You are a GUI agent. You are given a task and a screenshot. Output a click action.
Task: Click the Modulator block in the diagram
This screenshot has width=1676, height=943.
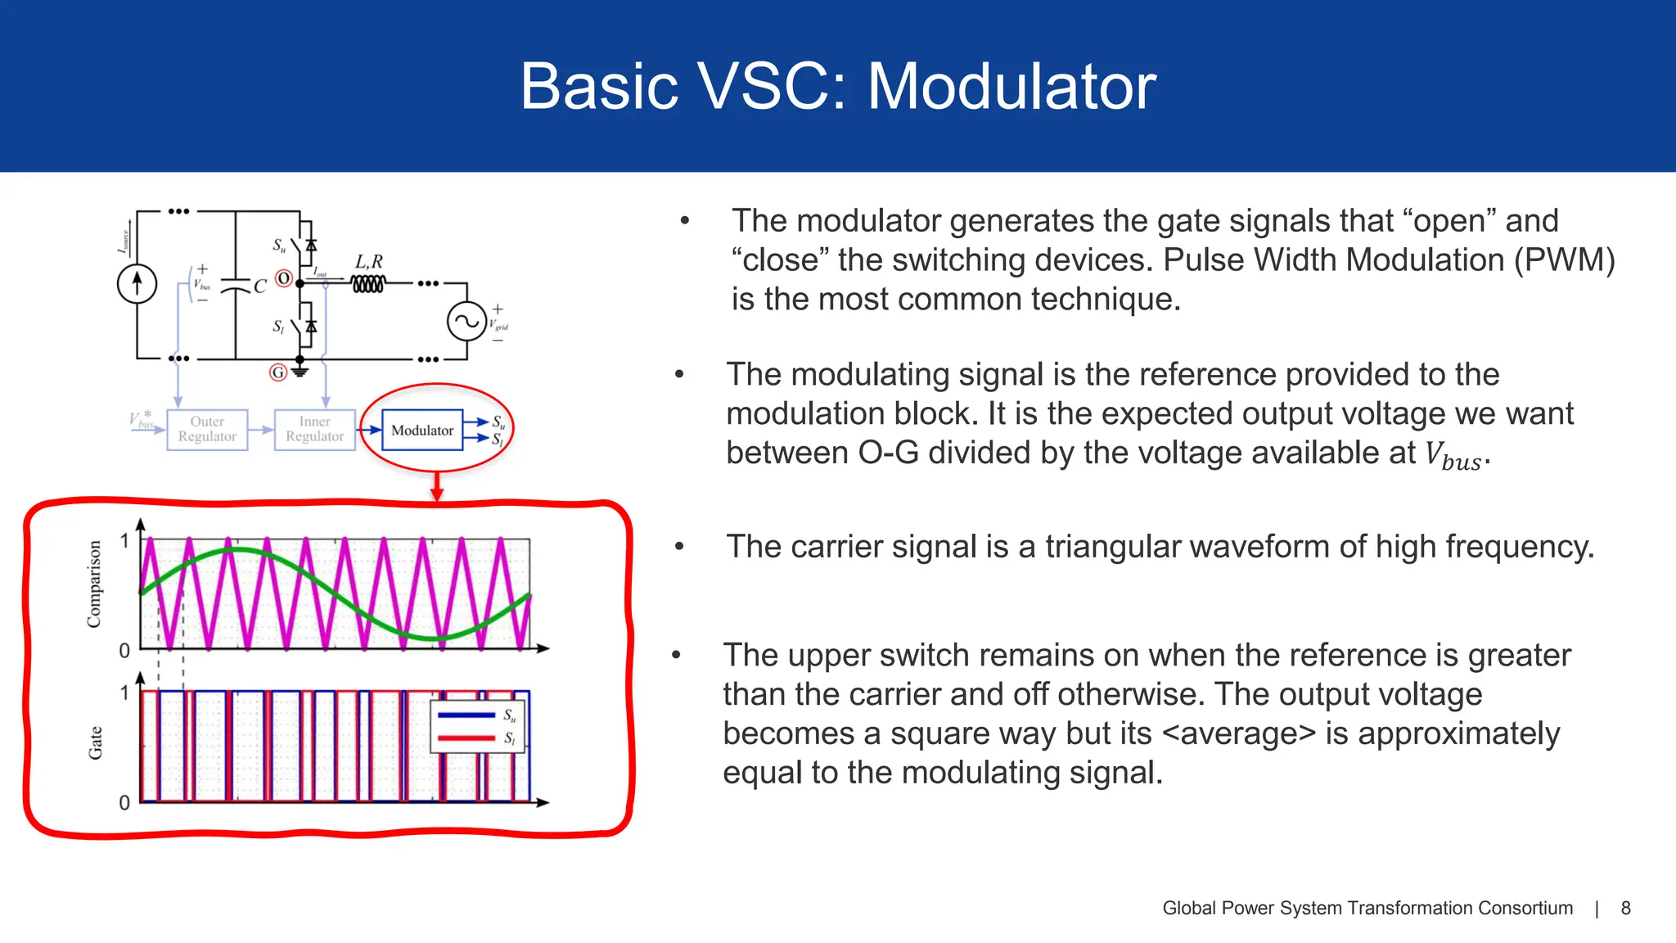click(x=422, y=431)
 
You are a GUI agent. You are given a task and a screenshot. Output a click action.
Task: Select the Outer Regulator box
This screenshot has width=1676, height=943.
click(x=207, y=430)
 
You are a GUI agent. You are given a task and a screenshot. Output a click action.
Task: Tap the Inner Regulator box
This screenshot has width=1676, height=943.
click(x=315, y=430)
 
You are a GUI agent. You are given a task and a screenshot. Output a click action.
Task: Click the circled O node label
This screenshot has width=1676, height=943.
click(x=283, y=278)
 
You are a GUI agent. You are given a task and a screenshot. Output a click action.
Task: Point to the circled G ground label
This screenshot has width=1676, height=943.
click(x=278, y=372)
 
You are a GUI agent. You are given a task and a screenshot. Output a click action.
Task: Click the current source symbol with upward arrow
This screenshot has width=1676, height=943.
click(x=137, y=284)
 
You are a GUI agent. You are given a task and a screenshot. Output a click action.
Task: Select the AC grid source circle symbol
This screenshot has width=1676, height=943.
click(x=466, y=322)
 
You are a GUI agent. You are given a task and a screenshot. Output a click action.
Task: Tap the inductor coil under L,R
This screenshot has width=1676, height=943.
click(x=367, y=284)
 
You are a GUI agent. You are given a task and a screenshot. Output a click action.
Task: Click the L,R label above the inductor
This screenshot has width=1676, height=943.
click(x=368, y=262)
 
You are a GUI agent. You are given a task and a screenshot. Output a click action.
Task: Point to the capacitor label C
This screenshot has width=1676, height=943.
click(x=260, y=287)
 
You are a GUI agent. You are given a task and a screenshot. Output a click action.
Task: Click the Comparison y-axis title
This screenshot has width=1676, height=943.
click(x=94, y=584)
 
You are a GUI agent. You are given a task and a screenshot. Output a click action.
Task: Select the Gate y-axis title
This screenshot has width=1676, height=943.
click(x=96, y=743)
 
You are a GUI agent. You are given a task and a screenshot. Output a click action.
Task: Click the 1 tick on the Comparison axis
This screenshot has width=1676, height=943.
click(x=124, y=541)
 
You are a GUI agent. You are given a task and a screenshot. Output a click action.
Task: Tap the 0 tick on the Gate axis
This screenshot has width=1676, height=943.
click(x=124, y=802)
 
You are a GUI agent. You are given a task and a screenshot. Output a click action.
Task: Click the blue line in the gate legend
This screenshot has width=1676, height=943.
click(x=466, y=715)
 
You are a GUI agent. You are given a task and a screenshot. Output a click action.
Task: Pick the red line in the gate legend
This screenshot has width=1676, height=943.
click(x=466, y=738)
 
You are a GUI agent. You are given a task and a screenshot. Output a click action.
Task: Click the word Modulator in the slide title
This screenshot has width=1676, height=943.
click(x=1011, y=87)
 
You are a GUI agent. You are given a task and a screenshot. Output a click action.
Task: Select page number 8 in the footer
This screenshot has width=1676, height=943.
click(x=1625, y=908)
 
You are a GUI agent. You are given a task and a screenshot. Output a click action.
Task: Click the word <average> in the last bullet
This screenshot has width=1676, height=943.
click(x=1238, y=733)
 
